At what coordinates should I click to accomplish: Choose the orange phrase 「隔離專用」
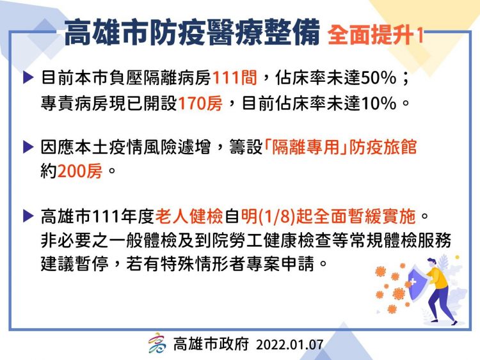(x=300, y=147)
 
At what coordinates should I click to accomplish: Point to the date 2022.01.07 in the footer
(x=289, y=345)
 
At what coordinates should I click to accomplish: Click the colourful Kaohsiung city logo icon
(x=157, y=344)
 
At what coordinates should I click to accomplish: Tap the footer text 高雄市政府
(x=211, y=345)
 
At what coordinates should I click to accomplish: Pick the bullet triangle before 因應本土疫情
(x=28, y=147)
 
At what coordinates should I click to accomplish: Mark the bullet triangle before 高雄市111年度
(x=28, y=216)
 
